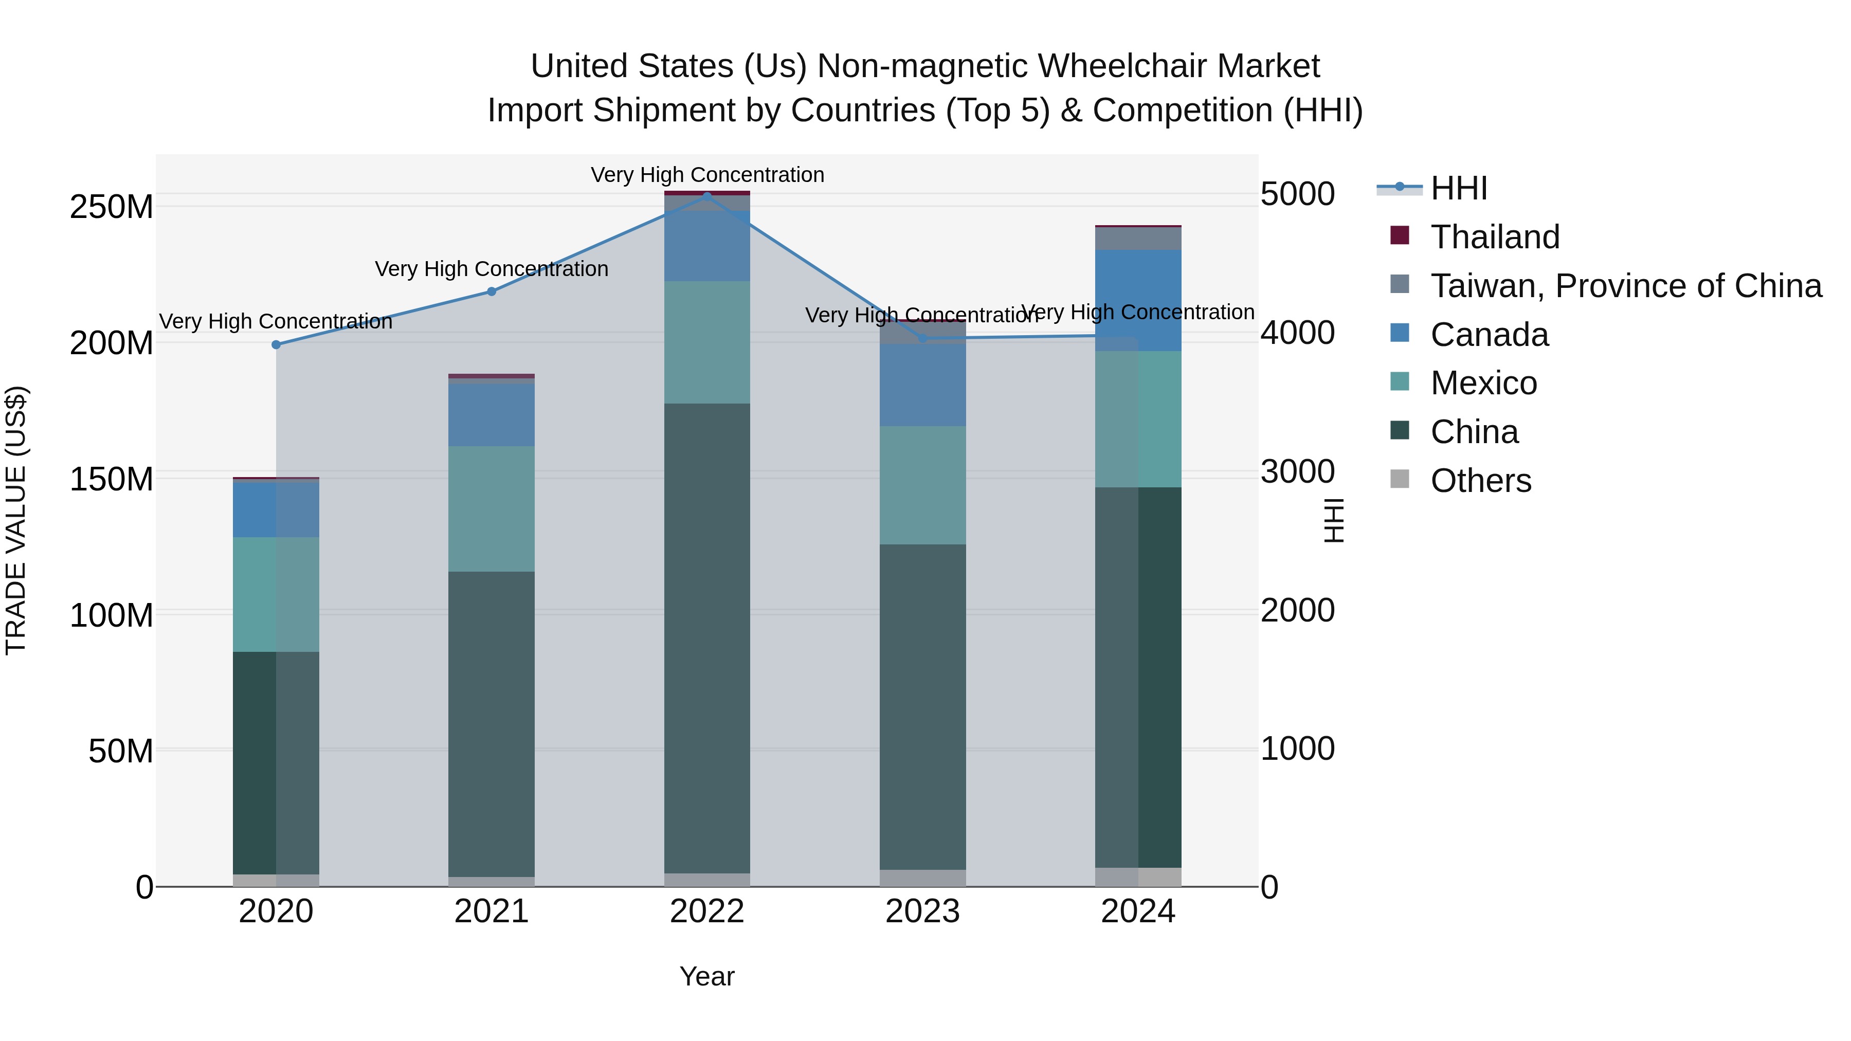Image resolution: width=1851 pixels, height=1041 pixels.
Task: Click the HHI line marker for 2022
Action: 707,196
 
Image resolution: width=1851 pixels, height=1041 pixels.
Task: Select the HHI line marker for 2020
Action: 276,345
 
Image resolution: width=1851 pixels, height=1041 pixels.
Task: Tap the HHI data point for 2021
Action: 492,291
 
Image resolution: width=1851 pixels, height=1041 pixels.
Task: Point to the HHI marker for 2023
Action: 922,338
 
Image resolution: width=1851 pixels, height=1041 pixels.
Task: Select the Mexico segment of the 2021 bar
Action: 492,508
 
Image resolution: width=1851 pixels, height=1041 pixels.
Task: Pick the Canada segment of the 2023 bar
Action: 922,385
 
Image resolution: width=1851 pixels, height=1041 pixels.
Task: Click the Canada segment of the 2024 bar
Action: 1138,300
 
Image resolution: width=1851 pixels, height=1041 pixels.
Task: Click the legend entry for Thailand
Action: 1495,237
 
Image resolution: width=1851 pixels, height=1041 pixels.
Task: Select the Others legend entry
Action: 1480,481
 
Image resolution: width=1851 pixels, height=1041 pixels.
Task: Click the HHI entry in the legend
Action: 1459,188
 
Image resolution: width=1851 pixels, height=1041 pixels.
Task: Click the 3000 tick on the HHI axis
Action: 1298,471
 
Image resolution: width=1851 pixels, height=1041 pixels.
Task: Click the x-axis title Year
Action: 707,976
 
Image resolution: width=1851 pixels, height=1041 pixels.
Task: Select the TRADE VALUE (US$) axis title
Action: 16,520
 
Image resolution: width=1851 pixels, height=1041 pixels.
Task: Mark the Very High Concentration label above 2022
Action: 707,175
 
